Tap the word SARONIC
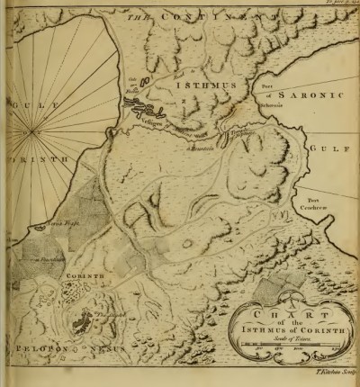click(310, 92)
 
